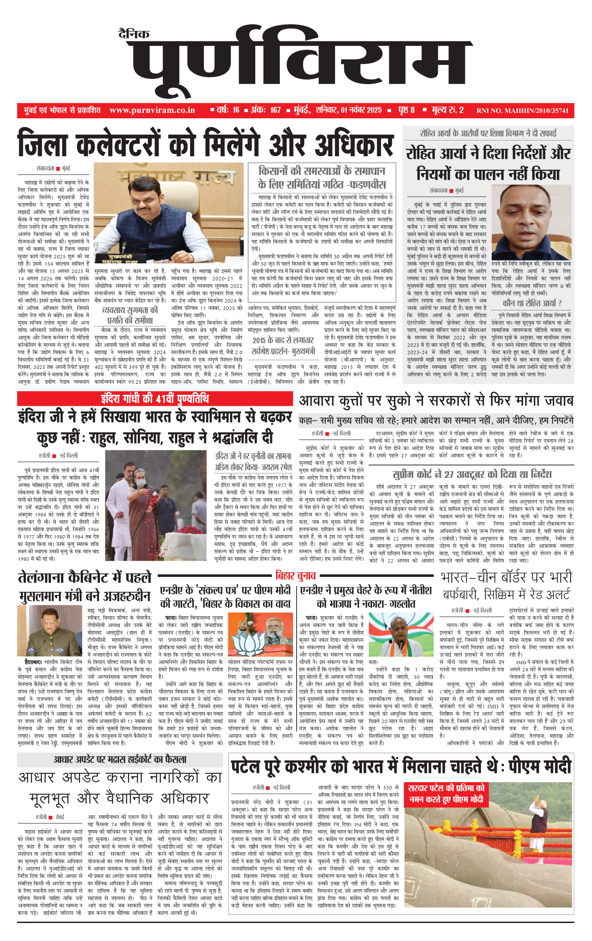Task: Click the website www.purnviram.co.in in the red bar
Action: (152, 110)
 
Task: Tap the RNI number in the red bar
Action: (522, 111)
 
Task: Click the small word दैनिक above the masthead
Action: (134, 34)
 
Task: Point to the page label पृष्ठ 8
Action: (406, 110)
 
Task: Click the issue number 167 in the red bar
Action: (275, 110)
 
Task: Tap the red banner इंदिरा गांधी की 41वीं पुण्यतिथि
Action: (155, 398)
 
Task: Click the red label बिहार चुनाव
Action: (296, 576)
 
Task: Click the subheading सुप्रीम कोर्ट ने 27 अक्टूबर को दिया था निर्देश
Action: (472, 474)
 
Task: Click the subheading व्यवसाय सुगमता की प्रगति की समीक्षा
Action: (130, 315)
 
